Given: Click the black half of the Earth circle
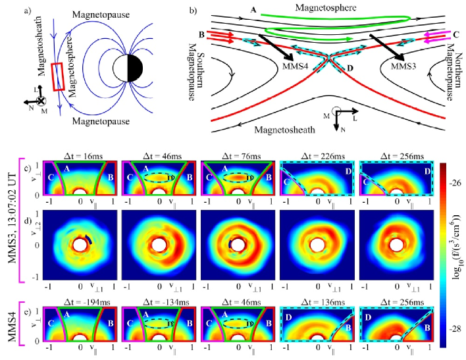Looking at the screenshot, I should click(134, 68).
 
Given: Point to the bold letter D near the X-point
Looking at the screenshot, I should click(350, 68).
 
